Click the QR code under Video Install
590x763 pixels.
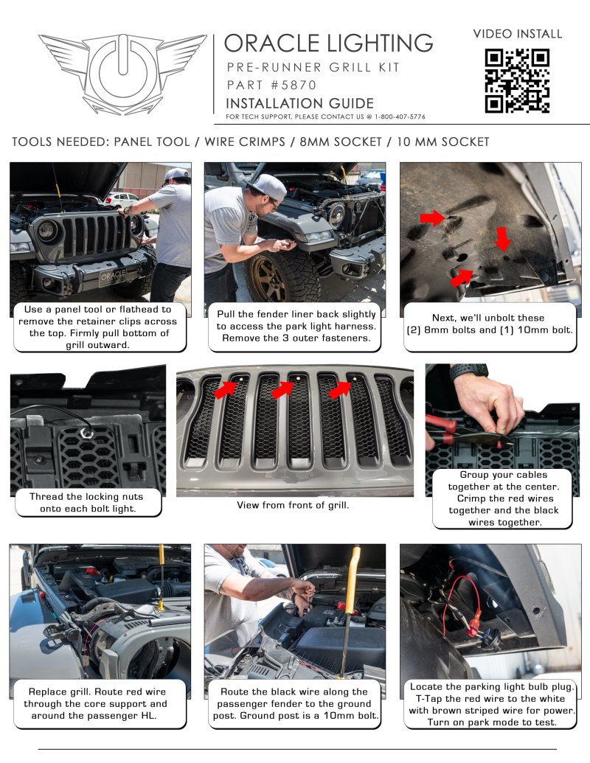point(516,80)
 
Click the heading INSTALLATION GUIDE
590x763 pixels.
point(299,103)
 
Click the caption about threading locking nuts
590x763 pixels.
point(86,503)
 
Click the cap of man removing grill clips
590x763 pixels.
point(177,175)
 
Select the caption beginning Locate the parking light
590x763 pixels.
point(493,704)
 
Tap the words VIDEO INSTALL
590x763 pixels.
point(517,34)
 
